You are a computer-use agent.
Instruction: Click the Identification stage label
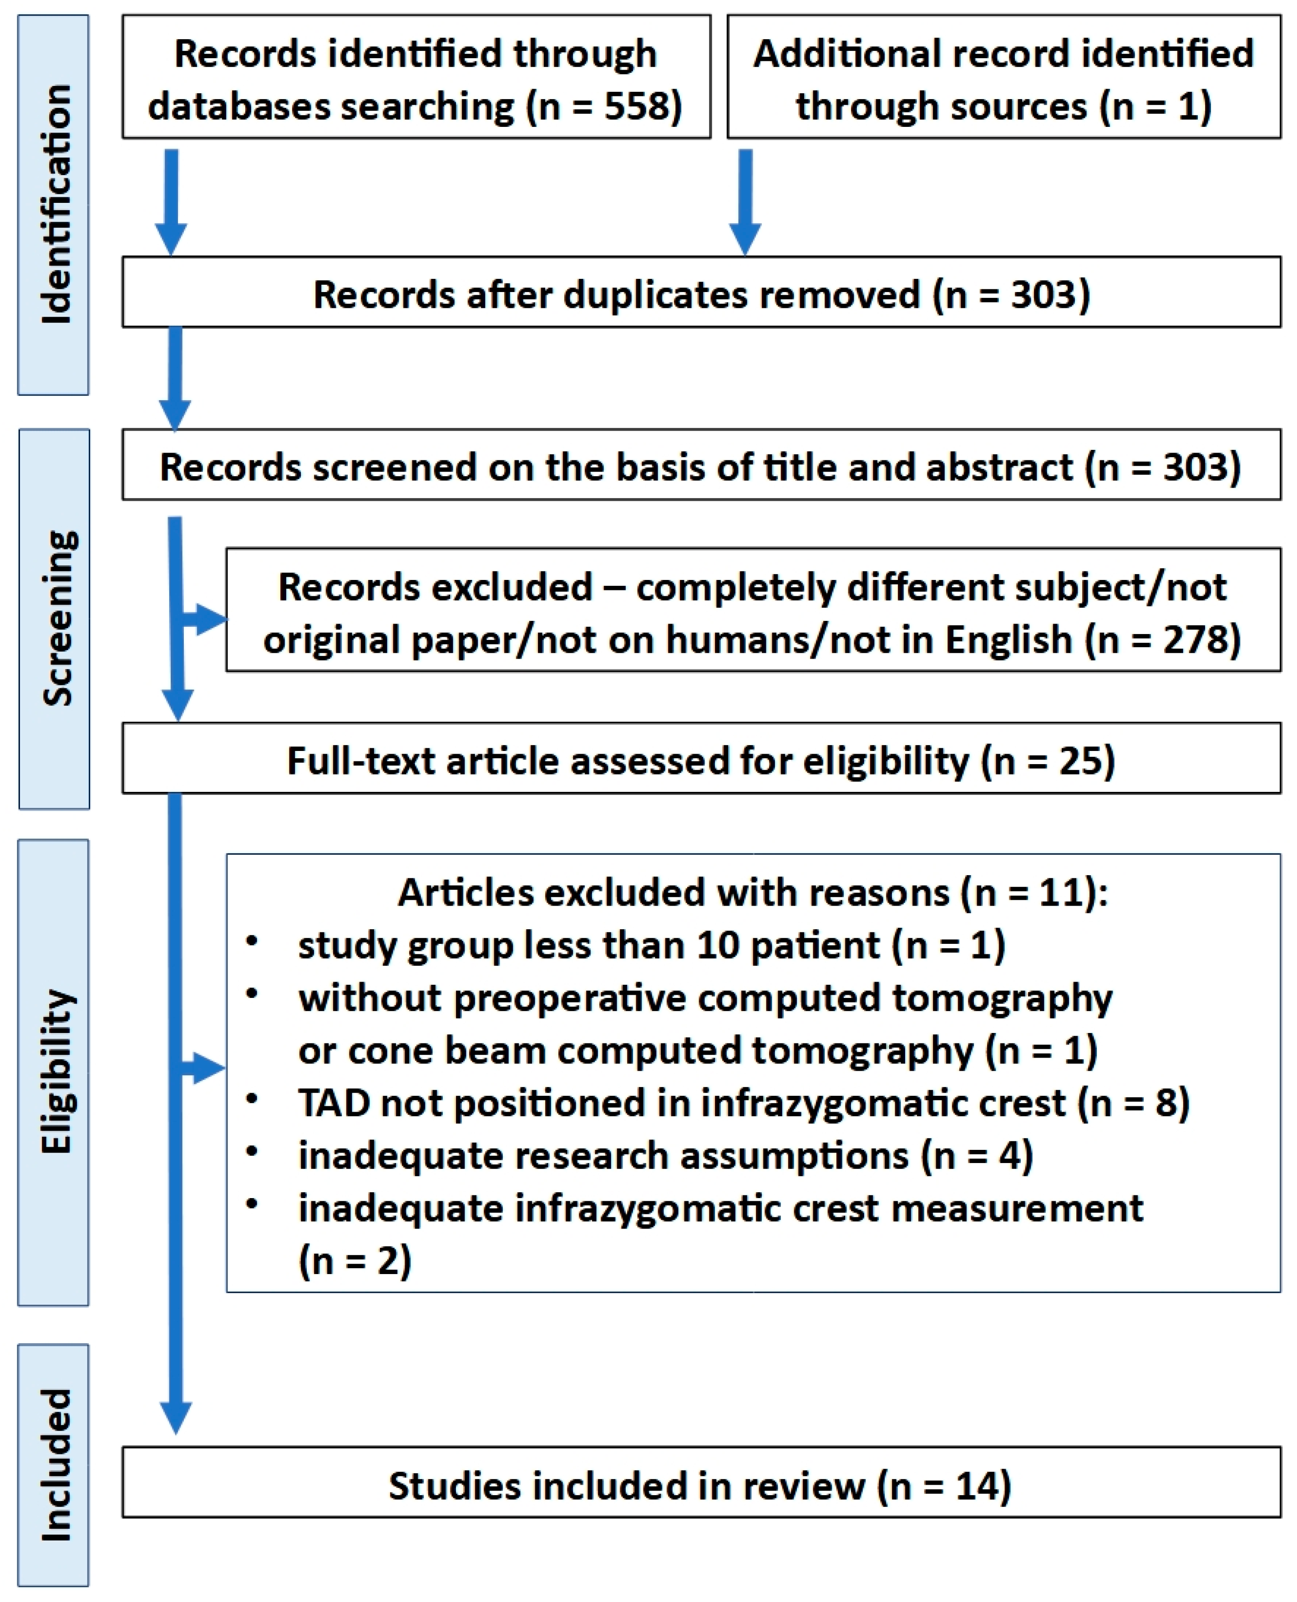[x=54, y=204]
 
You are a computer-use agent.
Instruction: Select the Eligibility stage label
[x=54, y=1072]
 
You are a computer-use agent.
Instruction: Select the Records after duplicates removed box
[x=701, y=293]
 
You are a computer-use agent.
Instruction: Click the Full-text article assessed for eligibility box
[x=701, y=758]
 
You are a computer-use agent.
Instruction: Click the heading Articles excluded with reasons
[x=752, y=892]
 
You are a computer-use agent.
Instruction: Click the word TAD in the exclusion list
[x=333, y=1103]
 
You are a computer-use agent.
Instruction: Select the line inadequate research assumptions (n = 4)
[x=665, y=1155]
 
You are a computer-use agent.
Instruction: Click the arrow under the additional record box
[x=745, y=202]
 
